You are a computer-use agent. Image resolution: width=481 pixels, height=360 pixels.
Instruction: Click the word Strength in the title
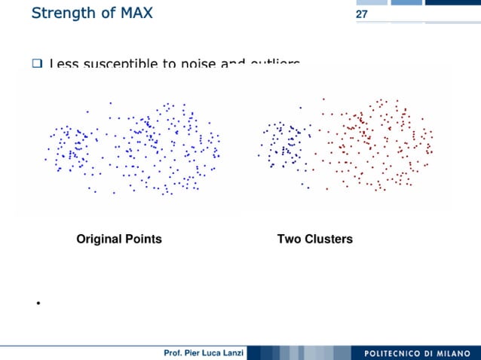(x=63, y=13)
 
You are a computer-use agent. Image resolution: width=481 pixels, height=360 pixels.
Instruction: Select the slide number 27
(x=361, y=14)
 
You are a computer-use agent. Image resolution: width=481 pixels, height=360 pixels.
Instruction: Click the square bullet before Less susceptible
(x=36, y=64)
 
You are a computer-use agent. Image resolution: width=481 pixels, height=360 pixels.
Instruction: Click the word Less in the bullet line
(x=63, y=65)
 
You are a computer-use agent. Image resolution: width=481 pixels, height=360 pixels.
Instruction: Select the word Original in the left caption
(x=99, y=239)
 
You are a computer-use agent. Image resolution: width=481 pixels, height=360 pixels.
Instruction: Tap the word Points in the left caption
(x=143, y=239)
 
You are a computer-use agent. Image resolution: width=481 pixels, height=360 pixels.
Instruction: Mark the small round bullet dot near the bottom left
(x=36, y=304)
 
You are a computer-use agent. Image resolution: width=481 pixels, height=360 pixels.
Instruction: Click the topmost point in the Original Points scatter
(x=110, y=102)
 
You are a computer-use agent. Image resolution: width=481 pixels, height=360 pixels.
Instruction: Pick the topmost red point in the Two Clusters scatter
(x=323, y=98)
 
